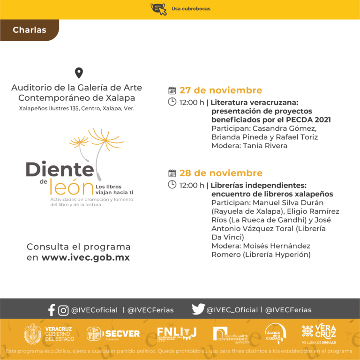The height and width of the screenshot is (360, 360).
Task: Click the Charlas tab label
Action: pyautogui.click(x=30, y=30)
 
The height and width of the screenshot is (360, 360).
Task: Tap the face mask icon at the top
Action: pyautogui.click(x=158, y=8)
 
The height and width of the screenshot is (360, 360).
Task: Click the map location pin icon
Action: pyautogui.click(x=79, y=73)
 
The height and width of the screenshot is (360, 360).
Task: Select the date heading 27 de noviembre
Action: pyautogui.click(x=220, y=90)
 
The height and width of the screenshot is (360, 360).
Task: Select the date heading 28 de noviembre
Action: pyautogui.click(x=221, y=173)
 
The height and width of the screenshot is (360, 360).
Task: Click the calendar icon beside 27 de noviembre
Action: pyautogui.click(x=172, y=90)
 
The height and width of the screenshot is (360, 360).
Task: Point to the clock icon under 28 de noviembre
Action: pyautogui.click(x=172, y=185)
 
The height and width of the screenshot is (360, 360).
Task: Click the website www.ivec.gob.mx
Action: pyautogui.click(x=85, y=257)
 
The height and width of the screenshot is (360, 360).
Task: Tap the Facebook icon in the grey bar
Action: pyautogui.click(x=52, y=310)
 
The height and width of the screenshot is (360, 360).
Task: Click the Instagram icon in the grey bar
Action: pyautogui.click(x=63, y=310)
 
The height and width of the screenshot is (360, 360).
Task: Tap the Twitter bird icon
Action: pyautogui.click(x=198, y=309)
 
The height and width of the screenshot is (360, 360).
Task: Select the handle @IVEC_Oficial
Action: pyautogui.click(x=232, y=310)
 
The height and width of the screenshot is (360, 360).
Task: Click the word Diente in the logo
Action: pyautogui.click(x=60, y=169)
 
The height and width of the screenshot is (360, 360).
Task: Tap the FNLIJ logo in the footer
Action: pyautogui.click(x=177, y=333)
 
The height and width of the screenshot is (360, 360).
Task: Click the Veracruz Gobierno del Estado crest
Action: pyautogui.click(x=33, y=334)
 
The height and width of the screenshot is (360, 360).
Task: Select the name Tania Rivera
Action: pyautogui.click(x=265, y=145)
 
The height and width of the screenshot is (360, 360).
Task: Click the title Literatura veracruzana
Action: pyautogui.click(x=255, y=102)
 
